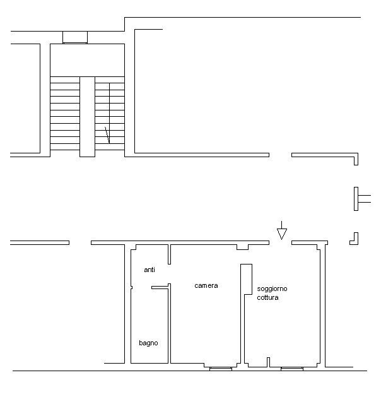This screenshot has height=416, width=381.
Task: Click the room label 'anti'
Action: tap(149, 270)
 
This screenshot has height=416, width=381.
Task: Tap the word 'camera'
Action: tap(206, 285)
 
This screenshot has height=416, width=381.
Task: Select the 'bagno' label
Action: tap(148, 343)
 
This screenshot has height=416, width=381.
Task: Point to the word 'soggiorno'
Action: tap(272, 288)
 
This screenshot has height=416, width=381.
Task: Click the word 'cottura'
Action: tap(267, 297)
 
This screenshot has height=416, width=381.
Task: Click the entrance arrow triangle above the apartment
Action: tap(282, 234)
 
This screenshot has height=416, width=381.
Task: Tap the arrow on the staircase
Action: tap(107, 134)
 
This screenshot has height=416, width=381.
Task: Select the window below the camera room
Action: tap(221, 367)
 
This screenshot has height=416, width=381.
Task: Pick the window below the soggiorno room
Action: tap(291, 367)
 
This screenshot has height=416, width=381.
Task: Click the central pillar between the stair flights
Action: tap(87, 116)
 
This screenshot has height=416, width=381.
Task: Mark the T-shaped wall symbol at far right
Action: tap(360, 199)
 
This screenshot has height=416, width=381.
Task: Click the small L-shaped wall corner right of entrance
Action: tap(355, 239)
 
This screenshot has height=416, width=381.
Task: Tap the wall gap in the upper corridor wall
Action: tap(280, 155)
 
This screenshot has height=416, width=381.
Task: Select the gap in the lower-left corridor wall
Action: tap(80, 242)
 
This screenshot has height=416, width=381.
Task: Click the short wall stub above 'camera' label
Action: tap(170, 254)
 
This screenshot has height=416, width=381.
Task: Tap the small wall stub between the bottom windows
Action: tap(269, 362)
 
